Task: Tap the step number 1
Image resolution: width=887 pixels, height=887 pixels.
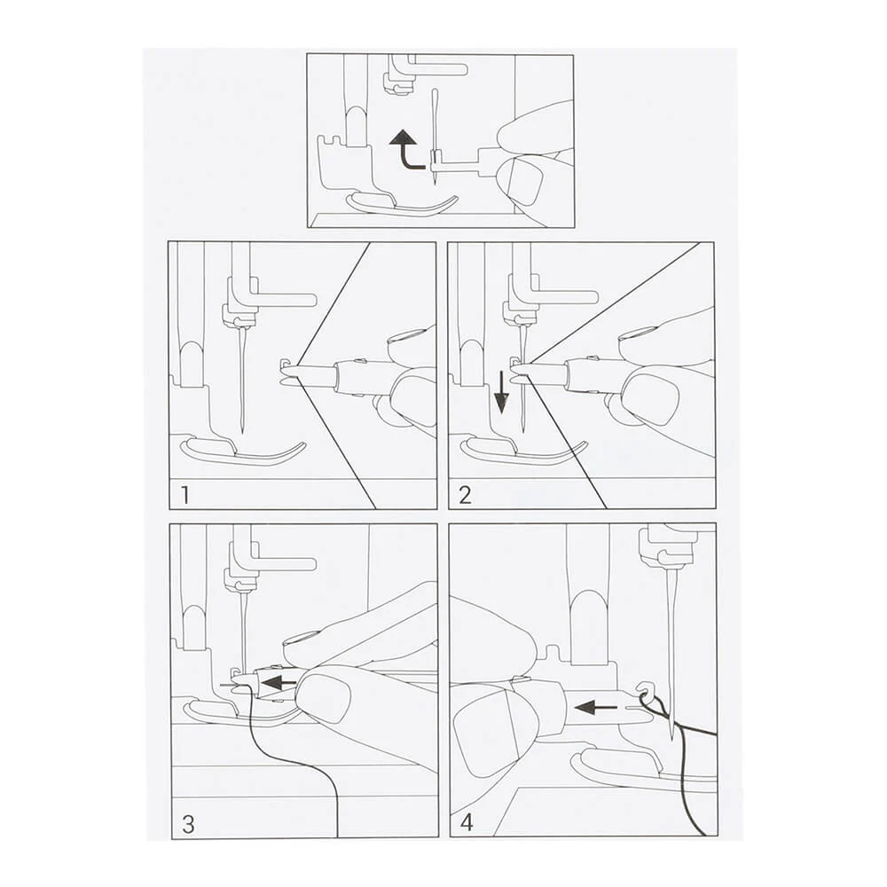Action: pyautogui.click(x=184, y=495)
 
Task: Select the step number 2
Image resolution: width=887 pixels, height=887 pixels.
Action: pyautogui.click(x=465, y=495)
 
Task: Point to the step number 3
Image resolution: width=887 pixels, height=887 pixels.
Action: pyautogui.click(x=188, y=824)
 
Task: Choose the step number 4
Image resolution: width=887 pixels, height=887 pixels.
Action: pyautogui.click(x=467, y=822)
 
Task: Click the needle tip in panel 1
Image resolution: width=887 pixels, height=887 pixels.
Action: pyautogui.click(x=242, y=433)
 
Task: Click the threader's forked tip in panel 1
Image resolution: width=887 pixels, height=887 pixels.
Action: pyautogui.click(x=290, y=374)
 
